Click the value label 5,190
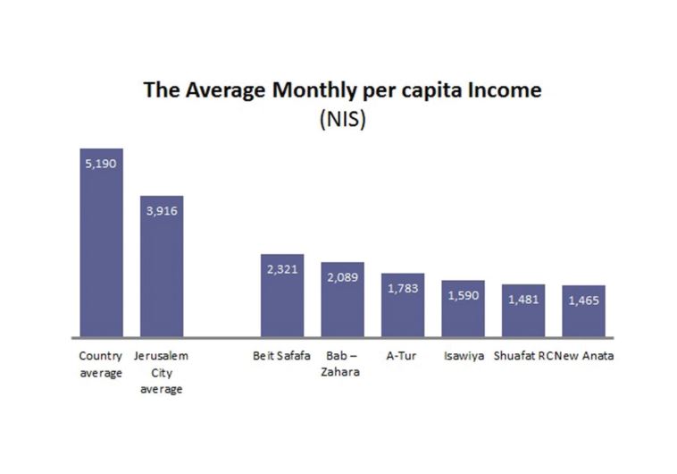pos(101,164)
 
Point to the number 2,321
pos(282,268)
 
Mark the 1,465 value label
pos(583,300)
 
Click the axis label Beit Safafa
pos(282,356)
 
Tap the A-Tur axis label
pos(402,356)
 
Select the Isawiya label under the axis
pos(464,356)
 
